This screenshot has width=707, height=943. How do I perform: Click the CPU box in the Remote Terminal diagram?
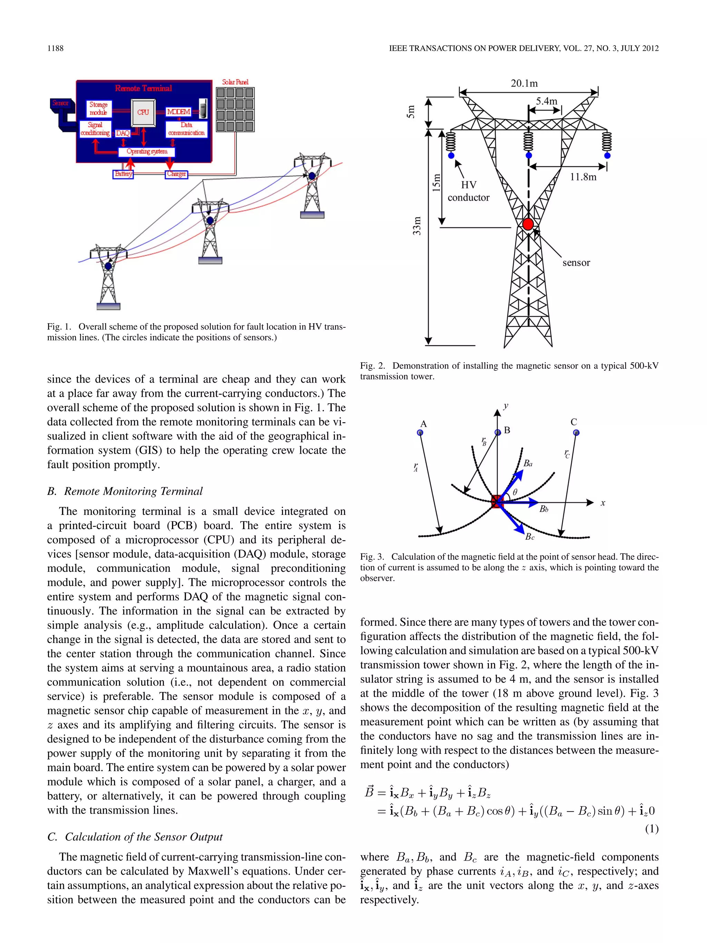tap(143, 112)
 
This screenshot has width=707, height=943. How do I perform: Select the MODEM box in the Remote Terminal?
tap(178, 112)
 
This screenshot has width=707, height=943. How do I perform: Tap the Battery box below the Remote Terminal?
tap(123, 174)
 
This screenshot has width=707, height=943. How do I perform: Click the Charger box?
tap(176, 174)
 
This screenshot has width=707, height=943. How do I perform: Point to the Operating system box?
tap(147, 151)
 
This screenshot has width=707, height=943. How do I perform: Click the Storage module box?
tap(98, 108)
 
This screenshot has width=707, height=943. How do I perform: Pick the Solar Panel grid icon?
tap(235, 109)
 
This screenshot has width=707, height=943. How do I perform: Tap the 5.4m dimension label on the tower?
tap(546, 102)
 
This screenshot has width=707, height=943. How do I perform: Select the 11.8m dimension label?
tap(583, 177)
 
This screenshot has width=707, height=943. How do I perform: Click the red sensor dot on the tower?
tap(528, 224)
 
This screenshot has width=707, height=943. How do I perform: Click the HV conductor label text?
tap(468, 191)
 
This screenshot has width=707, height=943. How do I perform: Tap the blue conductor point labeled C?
tap(576, 433)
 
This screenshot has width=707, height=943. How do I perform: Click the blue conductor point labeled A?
tap(420, 433)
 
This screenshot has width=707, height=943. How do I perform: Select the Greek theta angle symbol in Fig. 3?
tap(515, 492)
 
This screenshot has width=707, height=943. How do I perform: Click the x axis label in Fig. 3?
tap(603, 503)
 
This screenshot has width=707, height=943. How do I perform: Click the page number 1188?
tap(55, 48)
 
